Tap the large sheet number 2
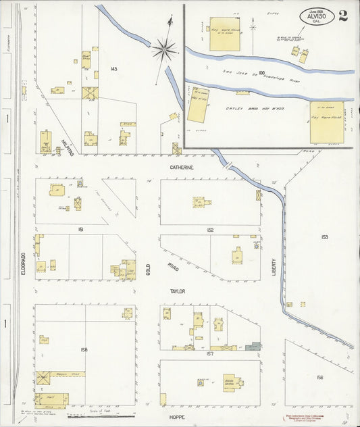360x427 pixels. (343, 16)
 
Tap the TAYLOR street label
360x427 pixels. (178, 291)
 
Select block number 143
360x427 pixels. (113, 69)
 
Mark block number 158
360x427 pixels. (84, 349)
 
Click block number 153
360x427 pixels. (324, 237)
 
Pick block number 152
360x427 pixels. (210, 230)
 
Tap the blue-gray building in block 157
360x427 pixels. (253, 346)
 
